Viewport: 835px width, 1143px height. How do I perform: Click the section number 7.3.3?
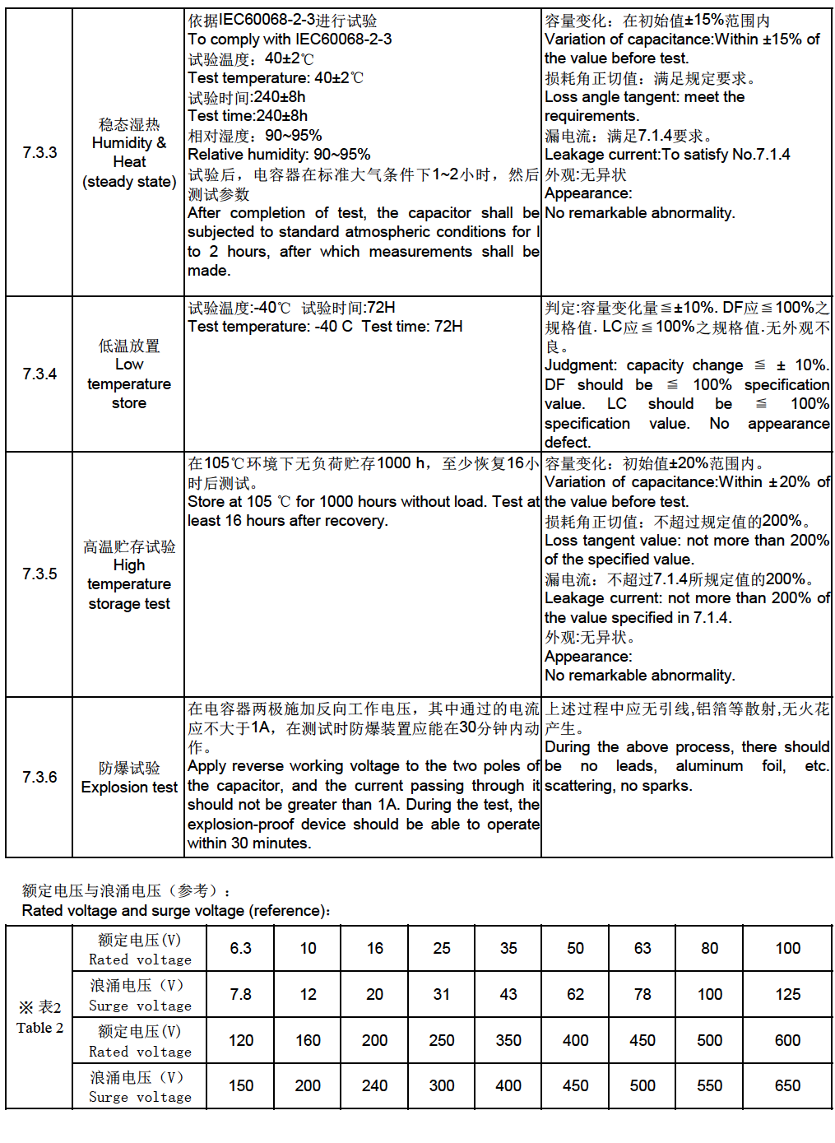[x=39, y=152]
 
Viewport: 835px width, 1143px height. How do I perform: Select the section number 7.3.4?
[x=39, y=374]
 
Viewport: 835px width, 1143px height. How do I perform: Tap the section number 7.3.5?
[x=39, y=574]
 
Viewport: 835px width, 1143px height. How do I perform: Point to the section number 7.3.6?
[x=39, y=777]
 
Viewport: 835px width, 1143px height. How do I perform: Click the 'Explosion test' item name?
[x=129, y=788]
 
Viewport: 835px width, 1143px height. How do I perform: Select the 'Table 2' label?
[x=39, y=1028]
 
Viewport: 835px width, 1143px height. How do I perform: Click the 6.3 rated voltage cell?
[x=240, y=949]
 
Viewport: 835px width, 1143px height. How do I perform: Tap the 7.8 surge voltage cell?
[x=240, y=995]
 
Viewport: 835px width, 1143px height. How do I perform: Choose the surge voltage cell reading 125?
[x=787, y=995]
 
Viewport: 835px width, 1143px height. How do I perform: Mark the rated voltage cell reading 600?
[x=787, y=1041]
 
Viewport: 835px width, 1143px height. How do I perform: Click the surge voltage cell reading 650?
[x=787, y=1086]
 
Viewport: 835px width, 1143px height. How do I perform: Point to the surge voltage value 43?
[x=508, y=995]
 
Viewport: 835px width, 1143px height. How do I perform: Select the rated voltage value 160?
[x=308, y=1041]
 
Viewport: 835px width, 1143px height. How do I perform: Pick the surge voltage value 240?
[x=374, y=1086]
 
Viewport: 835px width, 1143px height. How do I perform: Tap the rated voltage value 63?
[x=642, y=949]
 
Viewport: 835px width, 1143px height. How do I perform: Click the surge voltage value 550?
[x=709, y=1086]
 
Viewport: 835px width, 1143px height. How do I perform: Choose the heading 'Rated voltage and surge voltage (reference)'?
[x=176, y=911]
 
